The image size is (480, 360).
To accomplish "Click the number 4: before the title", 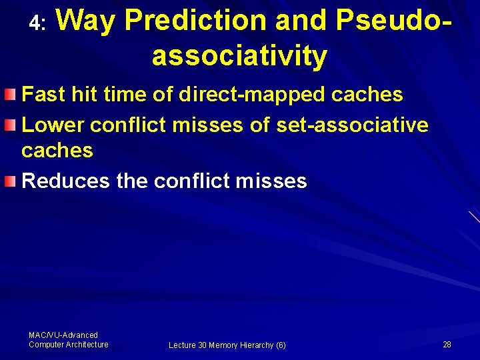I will point(37,24).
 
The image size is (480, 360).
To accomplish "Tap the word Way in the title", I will point(86,21).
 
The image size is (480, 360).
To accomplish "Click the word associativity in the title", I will point(239,56).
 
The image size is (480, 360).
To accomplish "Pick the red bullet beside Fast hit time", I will point(9,95).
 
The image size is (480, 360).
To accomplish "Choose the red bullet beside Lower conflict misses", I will point(9,124).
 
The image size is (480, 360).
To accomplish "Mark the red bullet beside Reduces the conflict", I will point(9,181).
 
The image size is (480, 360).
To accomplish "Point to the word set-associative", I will point(351,124).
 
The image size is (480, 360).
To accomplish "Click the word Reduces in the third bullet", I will point(66,181).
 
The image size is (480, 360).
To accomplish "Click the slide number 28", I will point(447,345).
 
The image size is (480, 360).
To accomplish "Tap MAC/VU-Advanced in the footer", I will point(63,335).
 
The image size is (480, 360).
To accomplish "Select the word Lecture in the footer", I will point(182,345).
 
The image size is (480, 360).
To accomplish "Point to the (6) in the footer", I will point(281,345).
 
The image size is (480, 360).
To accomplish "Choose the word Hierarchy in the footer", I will point(256,345).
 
